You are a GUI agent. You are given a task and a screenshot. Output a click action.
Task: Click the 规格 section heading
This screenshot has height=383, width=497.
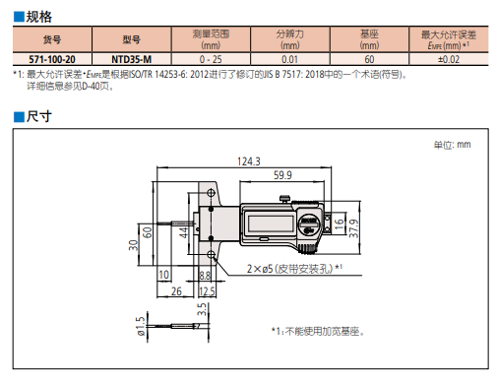38,17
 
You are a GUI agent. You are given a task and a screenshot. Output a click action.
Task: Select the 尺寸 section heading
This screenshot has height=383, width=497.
38,116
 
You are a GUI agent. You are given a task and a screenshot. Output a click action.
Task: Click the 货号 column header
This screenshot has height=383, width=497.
52,39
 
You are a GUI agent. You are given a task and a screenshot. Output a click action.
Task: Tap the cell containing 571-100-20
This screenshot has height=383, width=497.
52,59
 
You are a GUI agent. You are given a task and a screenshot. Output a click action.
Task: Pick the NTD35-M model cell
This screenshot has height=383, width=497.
132,59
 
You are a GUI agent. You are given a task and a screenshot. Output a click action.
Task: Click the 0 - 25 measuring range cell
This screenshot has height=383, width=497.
211,59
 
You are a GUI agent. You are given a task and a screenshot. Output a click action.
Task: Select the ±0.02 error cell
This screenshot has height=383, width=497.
449,59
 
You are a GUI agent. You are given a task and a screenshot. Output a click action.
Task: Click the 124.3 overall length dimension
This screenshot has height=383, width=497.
249,161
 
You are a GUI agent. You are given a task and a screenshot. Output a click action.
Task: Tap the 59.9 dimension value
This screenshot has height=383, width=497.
282,175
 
